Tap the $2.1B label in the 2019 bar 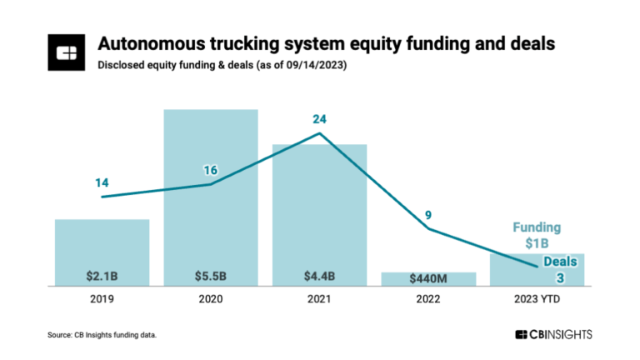(102, 275)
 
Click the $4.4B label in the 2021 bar (319, 275)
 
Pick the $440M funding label (427, 278)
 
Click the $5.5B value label (210, 275)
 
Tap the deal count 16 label (210, 170)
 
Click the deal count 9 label (427, 215)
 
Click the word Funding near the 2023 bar (537, 227)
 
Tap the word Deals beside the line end (560, 262)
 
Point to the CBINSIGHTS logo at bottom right (553, 333)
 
